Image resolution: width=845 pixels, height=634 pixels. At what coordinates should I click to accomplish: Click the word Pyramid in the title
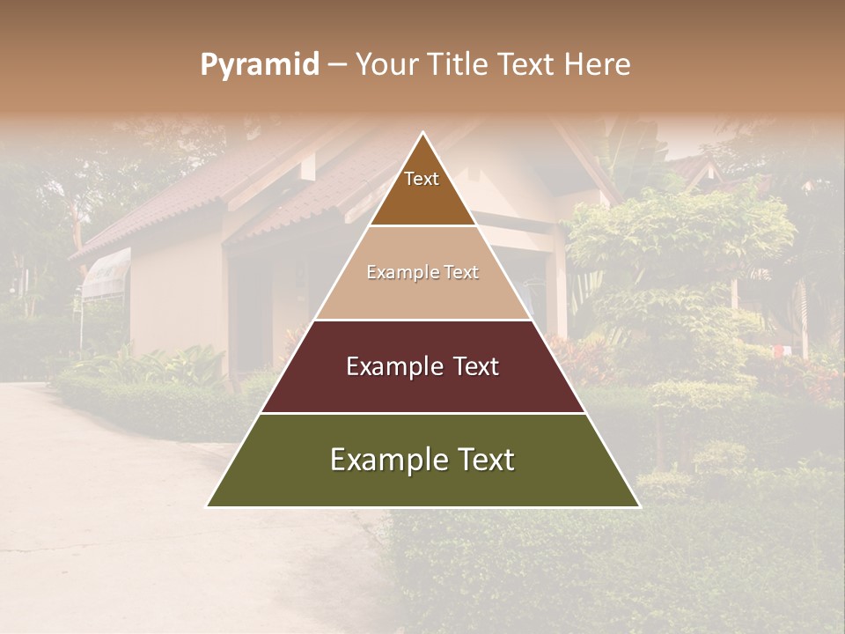click(x=260, y=65)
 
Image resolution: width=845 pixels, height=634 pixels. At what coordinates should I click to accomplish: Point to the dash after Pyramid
click(x=337, y=65)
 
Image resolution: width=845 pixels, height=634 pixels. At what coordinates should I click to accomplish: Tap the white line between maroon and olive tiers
click(x=422, y=413)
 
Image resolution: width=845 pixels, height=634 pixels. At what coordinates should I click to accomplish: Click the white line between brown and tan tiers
click(x=422, y=226)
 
